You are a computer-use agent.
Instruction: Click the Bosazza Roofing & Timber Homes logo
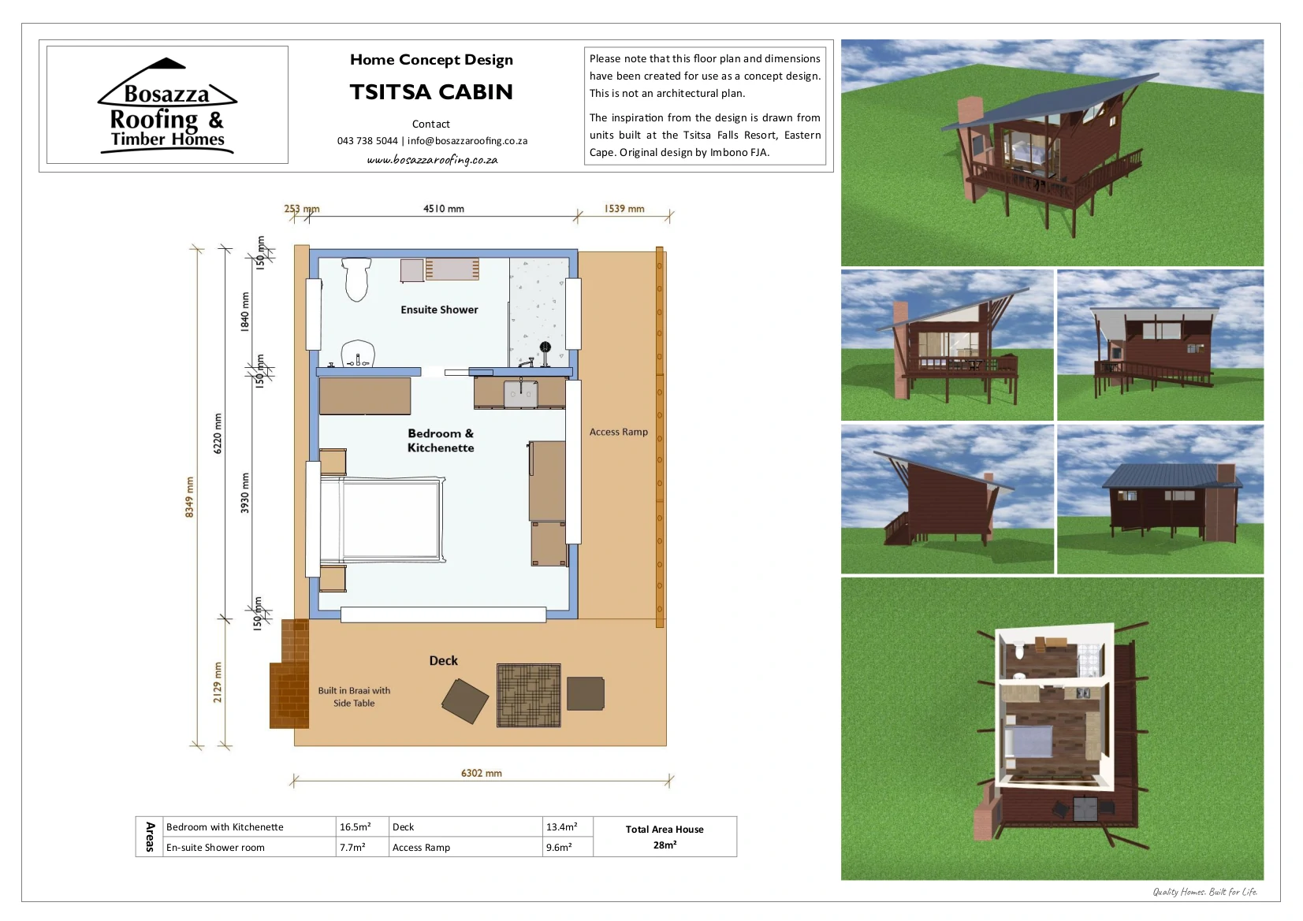[x=167, y=106]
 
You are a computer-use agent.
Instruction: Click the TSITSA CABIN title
[x=431, y=92]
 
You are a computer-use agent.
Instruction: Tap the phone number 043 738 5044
[x=367, y=141]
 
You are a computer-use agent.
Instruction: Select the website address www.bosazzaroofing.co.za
[x=432, y=160]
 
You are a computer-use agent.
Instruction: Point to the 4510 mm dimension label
[x=443, y=209]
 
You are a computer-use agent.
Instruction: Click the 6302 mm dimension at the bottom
[x=481, y=774]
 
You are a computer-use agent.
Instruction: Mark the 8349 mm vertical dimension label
[x=190, y=497]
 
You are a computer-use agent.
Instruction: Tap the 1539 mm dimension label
[x=624, y=209]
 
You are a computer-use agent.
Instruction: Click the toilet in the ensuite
[x=356, y=279]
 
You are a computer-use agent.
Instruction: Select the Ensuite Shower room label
[x=439, y=310]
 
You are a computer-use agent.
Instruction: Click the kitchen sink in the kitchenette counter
[x=520, y=394]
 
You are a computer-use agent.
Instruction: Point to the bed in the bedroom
[x=383, y=520]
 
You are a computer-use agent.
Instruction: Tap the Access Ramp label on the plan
[x=618, y=432]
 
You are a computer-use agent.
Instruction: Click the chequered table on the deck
[x=529, y=696]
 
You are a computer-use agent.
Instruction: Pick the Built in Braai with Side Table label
[x=354, y=696]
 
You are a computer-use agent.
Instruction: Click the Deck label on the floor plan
[x=443, y=660]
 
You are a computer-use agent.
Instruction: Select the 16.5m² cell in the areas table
[x=356, y=826]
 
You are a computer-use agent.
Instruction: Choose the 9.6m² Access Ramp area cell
[x=559, y=847]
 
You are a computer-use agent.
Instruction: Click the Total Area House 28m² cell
[x=665, y=837]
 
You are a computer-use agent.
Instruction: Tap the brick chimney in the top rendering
[x=970, y=146]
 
